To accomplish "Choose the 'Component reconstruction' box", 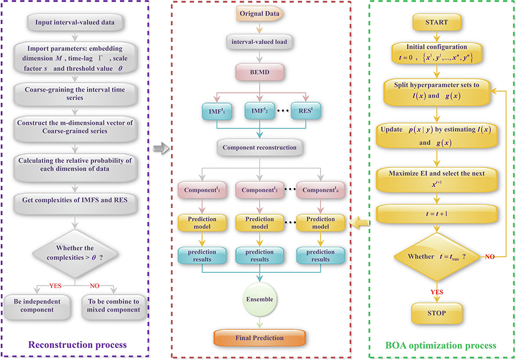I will tap(260, 147).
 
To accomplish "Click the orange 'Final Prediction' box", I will tap(260, 338).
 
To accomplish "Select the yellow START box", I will tap(438, 22).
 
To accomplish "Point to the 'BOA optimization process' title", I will tap(440, 345).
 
